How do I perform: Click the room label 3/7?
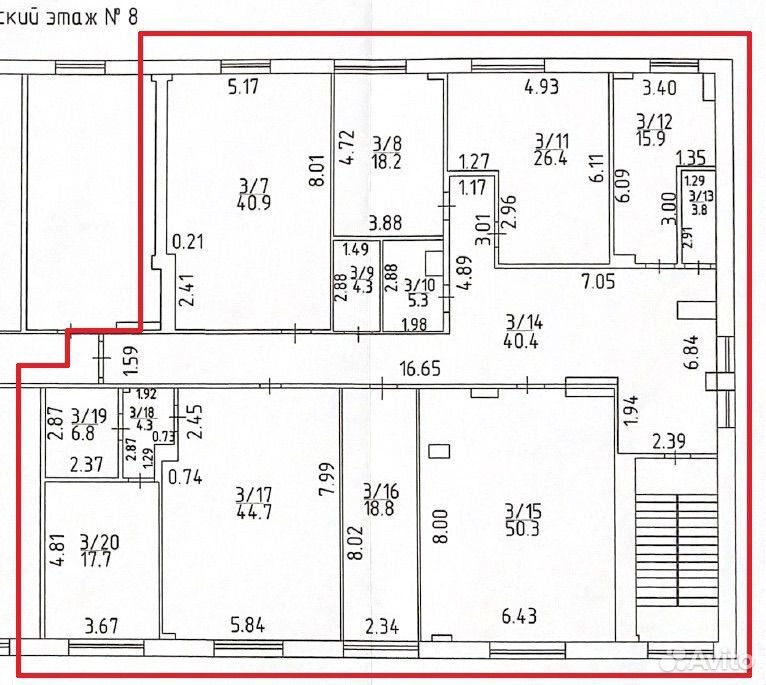[254, 186]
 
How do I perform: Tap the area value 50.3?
[522, 528]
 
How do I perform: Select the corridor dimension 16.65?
[420, 368]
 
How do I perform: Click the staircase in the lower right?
[676, 549]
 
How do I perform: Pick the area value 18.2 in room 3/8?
[386, 161]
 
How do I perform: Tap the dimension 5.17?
[243, 87]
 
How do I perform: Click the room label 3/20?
[99, 542]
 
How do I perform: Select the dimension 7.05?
[598, 282]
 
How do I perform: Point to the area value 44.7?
[254, 512]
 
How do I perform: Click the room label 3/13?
[701, 196]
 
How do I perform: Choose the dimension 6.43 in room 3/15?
[519, 616]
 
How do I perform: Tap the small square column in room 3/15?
[439, 450]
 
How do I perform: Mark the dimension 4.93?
[541, 87]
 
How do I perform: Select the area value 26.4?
[551, 158]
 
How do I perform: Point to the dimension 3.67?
[101, 626]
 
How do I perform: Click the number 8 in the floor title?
[132, 16]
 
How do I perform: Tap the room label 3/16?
[382, 491]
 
